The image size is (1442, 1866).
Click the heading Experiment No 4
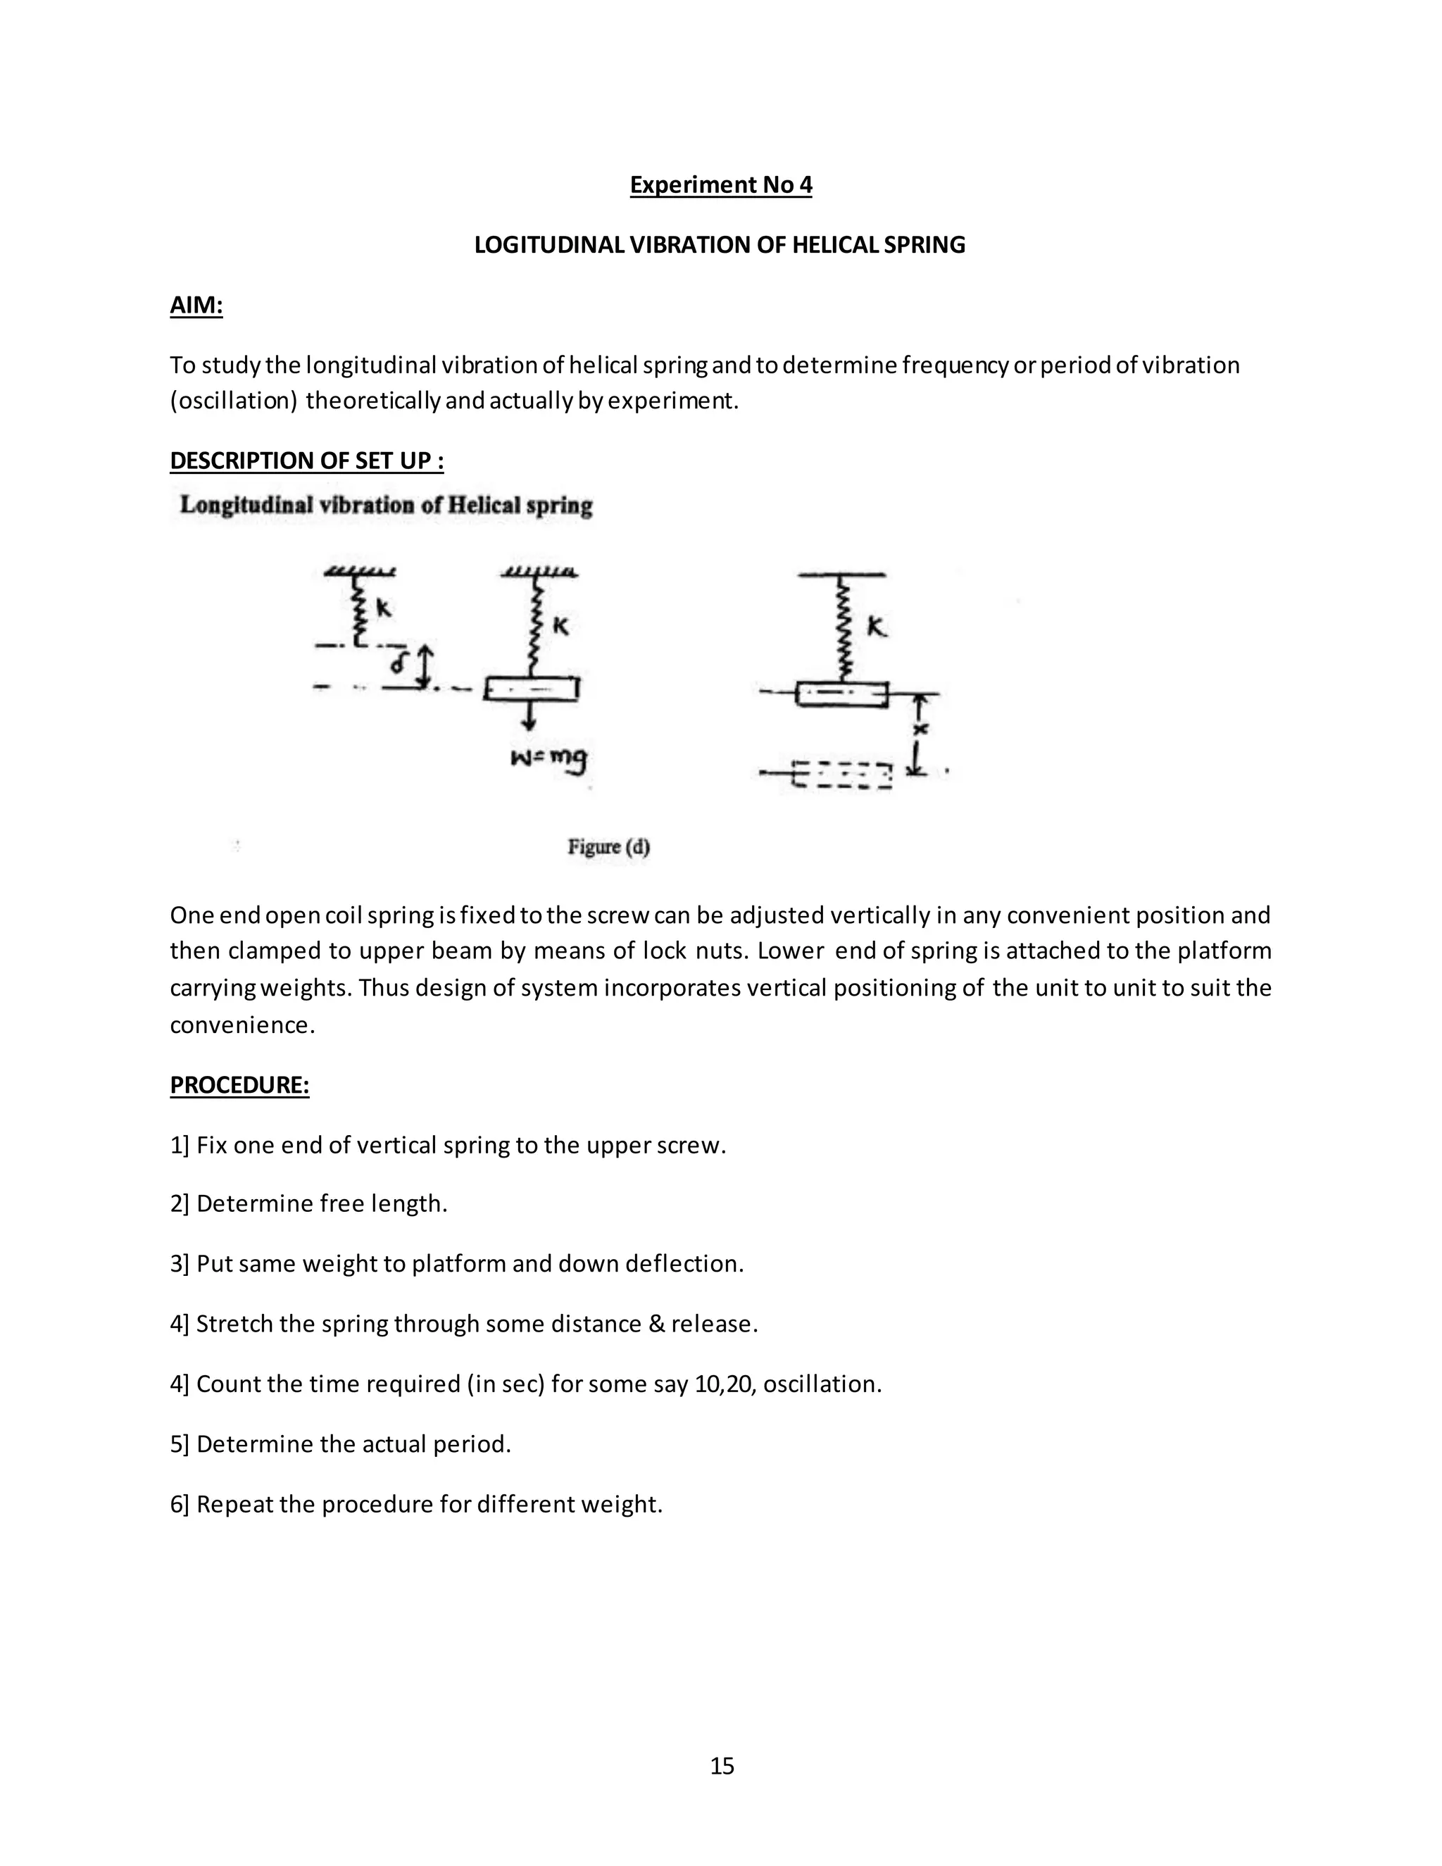(720, 184)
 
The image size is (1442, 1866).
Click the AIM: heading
(196, 305)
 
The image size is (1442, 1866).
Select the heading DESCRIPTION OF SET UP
(306, 461)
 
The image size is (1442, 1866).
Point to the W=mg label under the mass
(549, 758)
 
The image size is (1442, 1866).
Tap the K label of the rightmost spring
(877, 627)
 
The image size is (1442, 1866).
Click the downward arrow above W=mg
(529, 716)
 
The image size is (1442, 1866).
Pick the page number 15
(721, 1765)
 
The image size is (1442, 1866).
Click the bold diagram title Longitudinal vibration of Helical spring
(386, 505)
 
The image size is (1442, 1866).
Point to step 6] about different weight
(416, 1504)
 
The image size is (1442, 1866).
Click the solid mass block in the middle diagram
(532, 689)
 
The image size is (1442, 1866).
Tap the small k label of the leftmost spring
(384, 608)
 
